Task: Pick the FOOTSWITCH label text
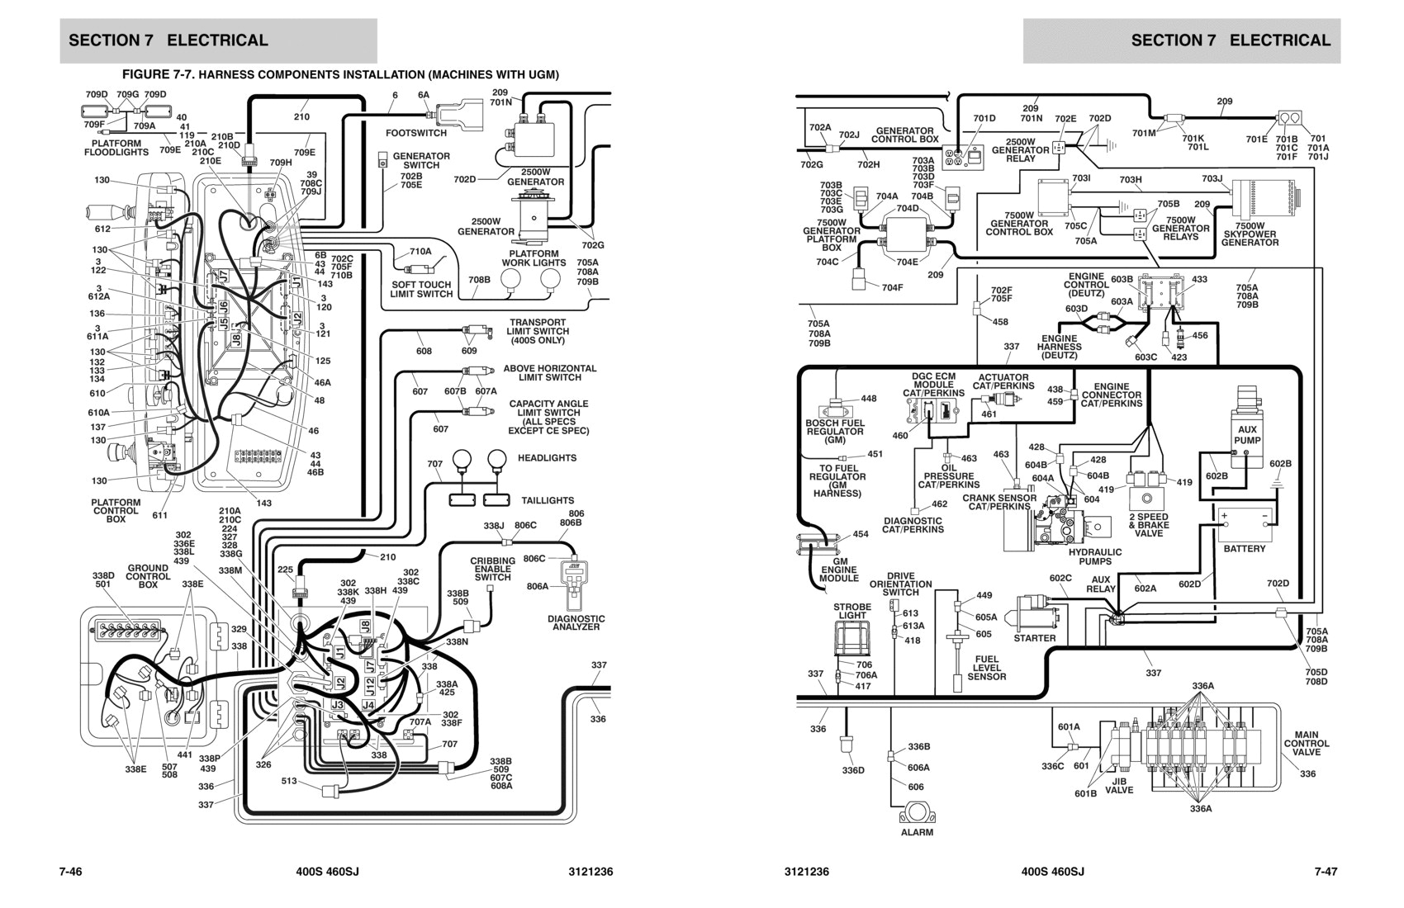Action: pyautogui.click(x=416, y=133)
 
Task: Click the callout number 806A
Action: pyautogui.click(x=538, y=586)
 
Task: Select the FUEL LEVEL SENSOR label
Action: pyautogui.click(x=986, y=668)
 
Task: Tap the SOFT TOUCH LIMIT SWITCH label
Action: pyautogui.click(x=421, y=289)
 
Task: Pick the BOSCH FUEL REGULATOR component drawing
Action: pyautogui.click(x=837, y=411)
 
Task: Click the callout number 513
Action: pyautogui.click(x=289, y=781)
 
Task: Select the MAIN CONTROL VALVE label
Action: pyautogui.click(x=1307, y=743)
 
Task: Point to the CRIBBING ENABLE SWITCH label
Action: pyautogui.click(x=492, y=569)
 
